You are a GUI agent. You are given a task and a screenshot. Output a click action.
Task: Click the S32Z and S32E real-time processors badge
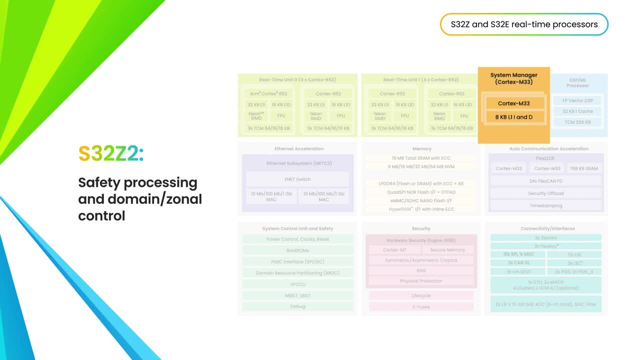point(524,24)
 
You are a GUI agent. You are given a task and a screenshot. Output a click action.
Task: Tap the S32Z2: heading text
point(111,154)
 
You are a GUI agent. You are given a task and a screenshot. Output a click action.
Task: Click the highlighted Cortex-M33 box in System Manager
point(513,103)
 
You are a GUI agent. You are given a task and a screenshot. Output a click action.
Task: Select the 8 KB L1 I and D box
point(513,117)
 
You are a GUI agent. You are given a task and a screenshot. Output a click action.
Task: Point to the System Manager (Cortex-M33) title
point(513,78)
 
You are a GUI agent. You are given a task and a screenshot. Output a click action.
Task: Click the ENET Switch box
point(297,179)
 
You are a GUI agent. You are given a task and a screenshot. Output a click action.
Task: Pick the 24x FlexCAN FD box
point(545,181)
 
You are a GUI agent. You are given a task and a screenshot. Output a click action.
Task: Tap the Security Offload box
point(545,193)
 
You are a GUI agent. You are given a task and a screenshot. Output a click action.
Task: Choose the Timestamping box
point(545,205)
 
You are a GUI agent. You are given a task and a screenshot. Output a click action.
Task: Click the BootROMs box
point(297,250)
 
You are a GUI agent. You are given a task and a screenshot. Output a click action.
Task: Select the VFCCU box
point(297,284)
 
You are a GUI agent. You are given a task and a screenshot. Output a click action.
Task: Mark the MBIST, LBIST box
point(297,295)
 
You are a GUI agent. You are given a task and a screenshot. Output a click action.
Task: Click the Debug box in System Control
point(297,306)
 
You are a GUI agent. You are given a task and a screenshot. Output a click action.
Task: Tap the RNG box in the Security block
point(421,270)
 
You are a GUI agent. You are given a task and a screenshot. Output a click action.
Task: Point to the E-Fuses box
point(421,306)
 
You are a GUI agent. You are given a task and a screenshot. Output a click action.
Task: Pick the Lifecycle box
point(421,295)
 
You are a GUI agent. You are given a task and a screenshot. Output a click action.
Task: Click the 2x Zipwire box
point(545,237)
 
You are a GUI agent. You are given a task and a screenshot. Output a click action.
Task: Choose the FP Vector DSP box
point(577,100)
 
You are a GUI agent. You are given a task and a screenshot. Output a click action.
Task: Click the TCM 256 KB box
point(577,122)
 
